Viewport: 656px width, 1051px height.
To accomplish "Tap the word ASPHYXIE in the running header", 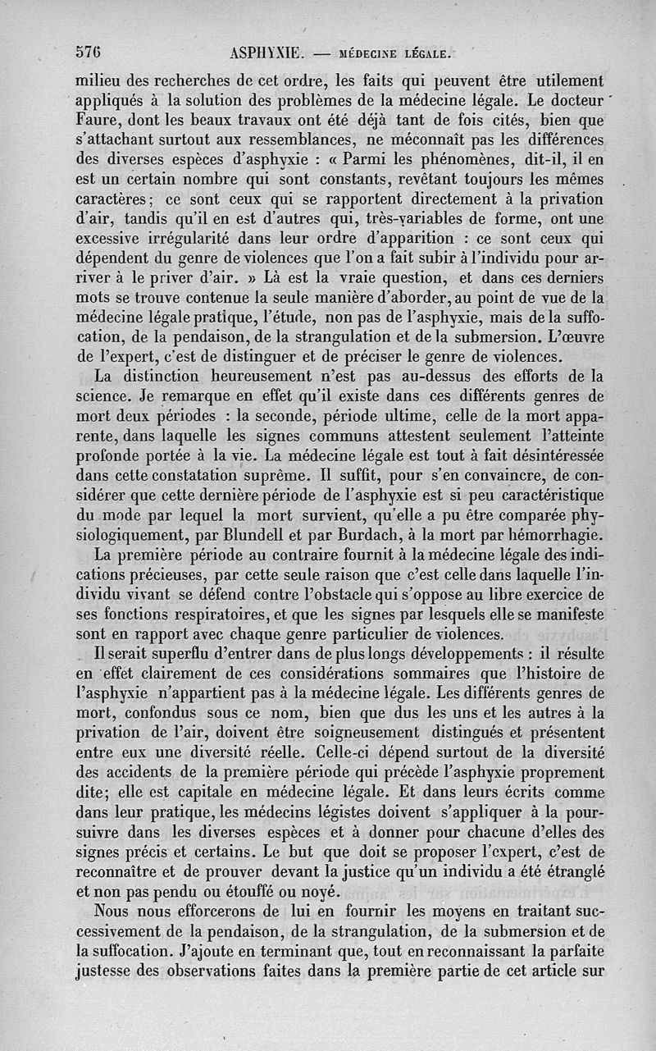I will point(267,54).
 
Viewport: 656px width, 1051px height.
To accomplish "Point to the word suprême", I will point(271,475).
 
